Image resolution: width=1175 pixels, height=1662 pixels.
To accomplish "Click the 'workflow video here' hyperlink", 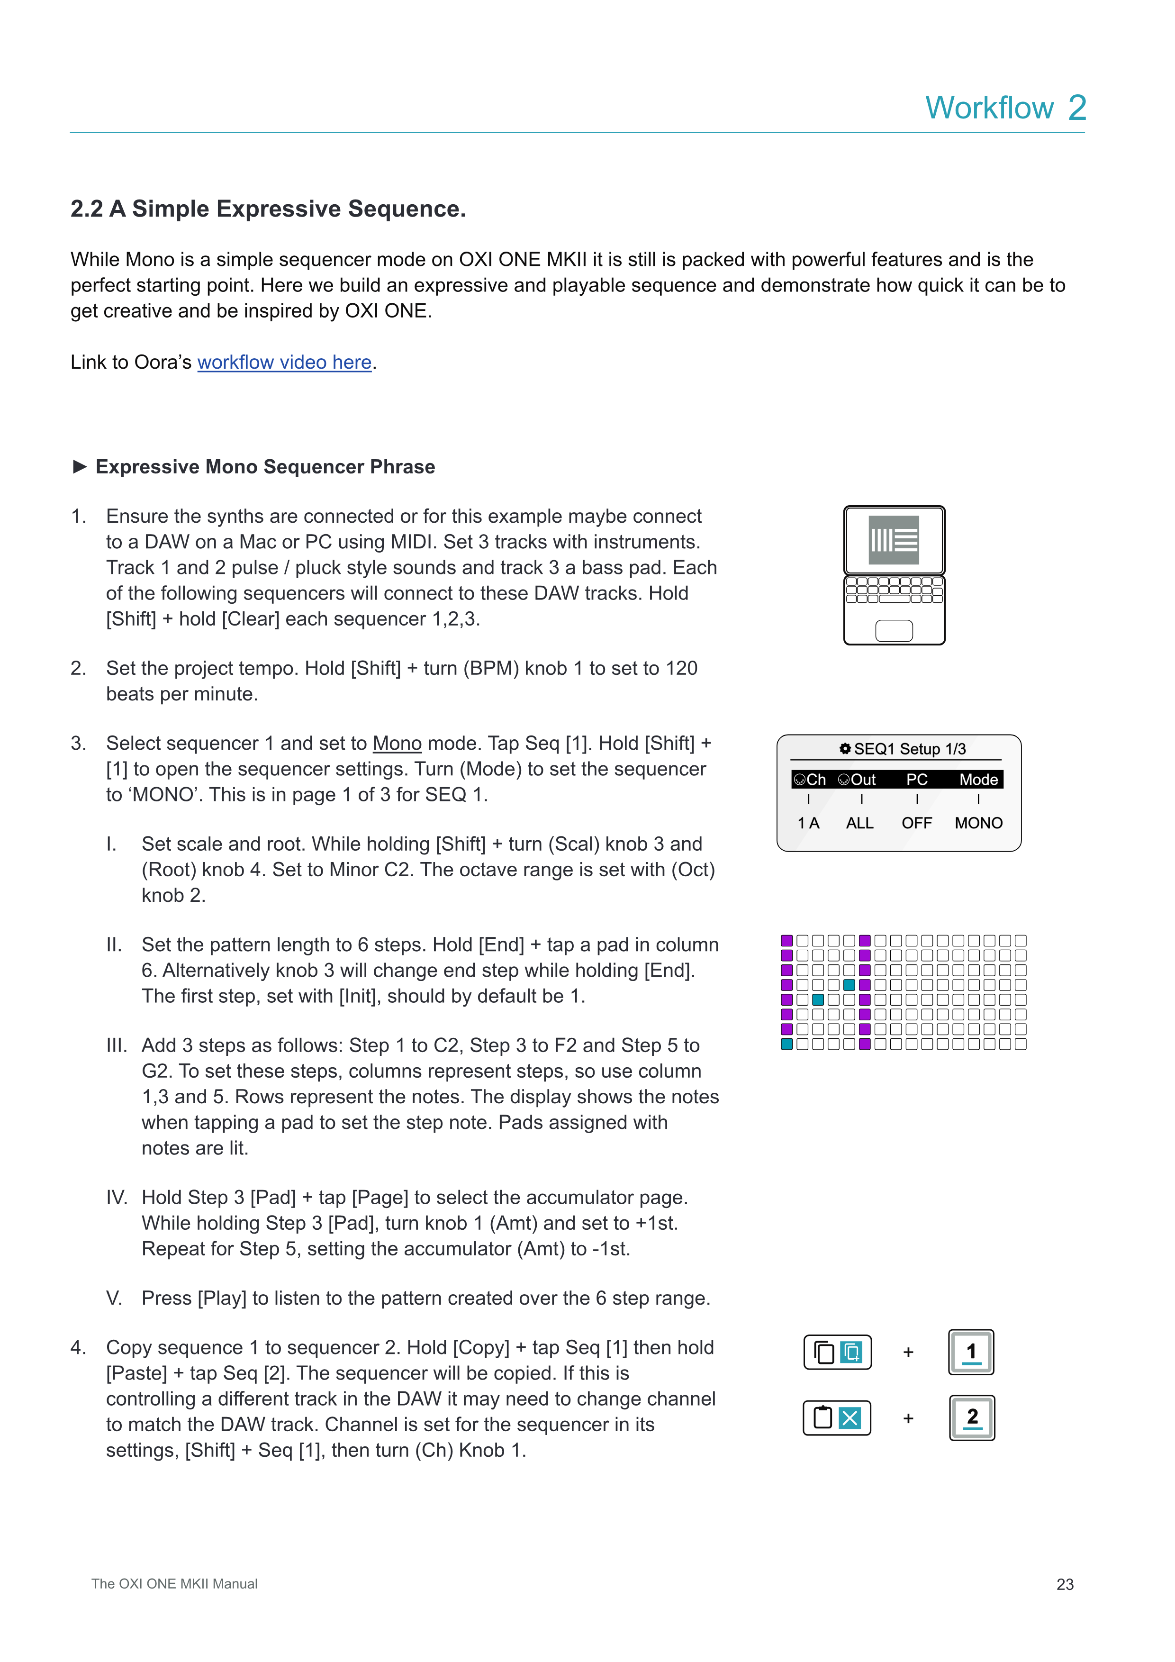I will click(284, 362).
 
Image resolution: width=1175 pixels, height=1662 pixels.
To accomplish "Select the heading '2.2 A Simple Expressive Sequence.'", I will click(268, 209).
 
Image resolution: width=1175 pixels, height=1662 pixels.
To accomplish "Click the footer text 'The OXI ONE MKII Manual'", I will click(174, 1584).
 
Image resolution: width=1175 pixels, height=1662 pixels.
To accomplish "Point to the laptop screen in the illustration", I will click(894, 540).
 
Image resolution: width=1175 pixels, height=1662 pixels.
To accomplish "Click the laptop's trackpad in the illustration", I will click(894, 630).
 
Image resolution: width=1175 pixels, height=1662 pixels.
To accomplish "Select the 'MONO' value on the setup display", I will click(978, 823).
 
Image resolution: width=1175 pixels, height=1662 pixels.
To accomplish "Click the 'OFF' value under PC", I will click(917, 823).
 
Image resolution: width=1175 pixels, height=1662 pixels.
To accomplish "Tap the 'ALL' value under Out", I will click(859, 823).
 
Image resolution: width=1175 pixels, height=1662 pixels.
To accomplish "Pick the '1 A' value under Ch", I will click(808, 823).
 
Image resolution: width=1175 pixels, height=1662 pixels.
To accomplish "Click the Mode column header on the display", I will click(978, 780).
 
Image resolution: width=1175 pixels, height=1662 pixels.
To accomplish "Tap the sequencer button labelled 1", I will click(971, 1352).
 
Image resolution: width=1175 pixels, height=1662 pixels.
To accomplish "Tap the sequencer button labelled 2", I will click(972, 1418).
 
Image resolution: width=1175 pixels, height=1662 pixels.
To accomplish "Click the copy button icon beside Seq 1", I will click(838, 1352).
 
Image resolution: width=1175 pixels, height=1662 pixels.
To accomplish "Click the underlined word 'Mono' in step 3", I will click(397, 744).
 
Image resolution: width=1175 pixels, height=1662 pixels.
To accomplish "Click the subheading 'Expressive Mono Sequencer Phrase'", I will click(265, 467).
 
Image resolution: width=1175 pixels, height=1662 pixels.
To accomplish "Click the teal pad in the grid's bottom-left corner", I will click(786, 1044).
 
